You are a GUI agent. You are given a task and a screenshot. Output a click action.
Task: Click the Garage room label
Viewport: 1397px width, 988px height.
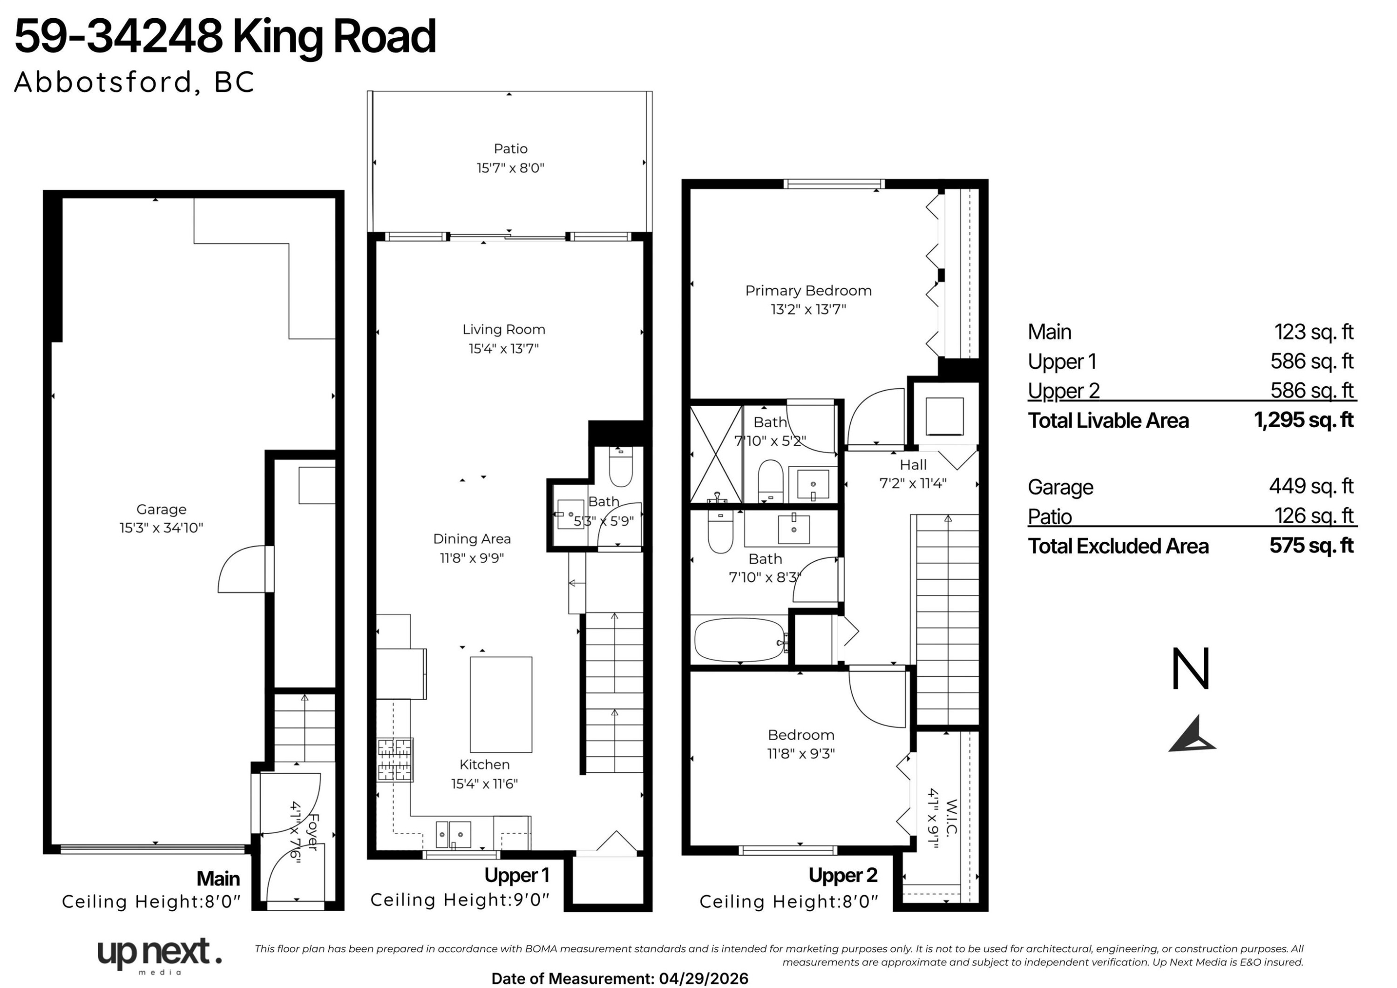pyautogui.click(x=161, y=510)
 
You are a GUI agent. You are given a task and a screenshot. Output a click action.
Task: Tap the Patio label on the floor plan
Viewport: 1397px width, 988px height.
pyautogui.click(x=510, y=149)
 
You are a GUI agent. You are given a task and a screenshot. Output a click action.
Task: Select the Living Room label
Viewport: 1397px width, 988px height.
pyautogui.click(x=504, y=329)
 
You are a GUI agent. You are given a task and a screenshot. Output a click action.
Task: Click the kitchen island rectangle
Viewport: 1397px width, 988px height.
pyautogui.click(x=501, y=704)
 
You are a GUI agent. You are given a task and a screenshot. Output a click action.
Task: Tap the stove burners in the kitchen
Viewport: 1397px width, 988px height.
pyautogui.click(x=395, y=759)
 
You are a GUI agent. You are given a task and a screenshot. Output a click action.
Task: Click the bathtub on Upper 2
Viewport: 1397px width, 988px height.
pyautogui.click(x=740, y=640)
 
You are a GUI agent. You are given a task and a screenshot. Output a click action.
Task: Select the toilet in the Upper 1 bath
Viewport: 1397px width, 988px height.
pyautogui.click(x=621, y=466)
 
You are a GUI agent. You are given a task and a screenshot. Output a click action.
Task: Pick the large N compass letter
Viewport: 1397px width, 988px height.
pyautogui.click(x=1190, y=669)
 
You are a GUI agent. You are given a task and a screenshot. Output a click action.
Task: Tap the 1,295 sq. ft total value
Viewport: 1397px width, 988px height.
pyautogui.click(x=1304, y=420)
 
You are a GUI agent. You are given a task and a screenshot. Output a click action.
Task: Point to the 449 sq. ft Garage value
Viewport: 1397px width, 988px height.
pyautogui.click(x=1311, y=486)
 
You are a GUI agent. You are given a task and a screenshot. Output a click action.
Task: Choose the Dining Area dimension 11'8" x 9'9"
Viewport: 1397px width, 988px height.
pyautogui.click(x=472, y=558)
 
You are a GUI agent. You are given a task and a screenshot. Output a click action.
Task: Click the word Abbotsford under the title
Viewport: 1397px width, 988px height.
pyautogui.click(x=103, y=82)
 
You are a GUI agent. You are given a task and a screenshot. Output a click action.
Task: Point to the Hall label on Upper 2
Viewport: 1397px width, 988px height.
pyautogui.click(x=913, y=465)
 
